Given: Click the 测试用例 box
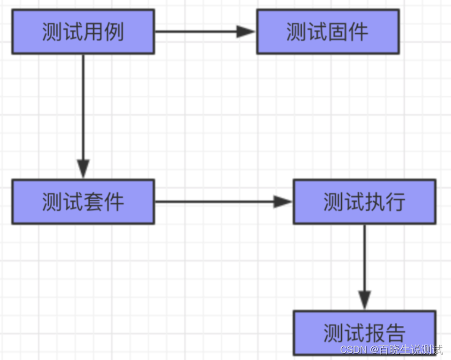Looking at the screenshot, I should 83,31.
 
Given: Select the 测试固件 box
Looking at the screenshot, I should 327,31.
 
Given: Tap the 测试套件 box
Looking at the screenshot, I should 83,201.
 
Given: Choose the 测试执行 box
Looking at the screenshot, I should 364,201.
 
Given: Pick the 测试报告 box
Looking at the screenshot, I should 364,332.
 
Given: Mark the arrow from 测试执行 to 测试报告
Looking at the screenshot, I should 364,266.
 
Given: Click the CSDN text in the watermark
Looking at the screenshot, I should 352,350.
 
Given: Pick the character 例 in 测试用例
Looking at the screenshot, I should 114,32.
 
